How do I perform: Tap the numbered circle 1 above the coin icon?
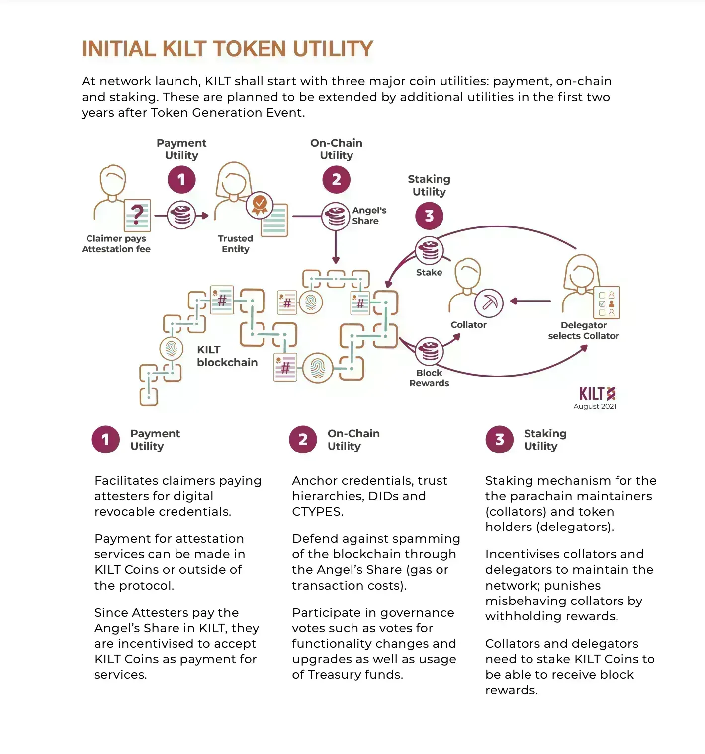(181, 180)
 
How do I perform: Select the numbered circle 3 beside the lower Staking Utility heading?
(499, 440)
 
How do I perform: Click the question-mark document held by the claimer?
(137, 216)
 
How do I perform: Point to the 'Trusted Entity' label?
(236, 244)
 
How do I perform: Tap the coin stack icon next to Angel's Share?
(336, 216)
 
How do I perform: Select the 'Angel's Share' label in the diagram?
(369, 216)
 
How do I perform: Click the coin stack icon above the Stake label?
(429, 251)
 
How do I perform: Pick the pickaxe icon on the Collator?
(489, 302)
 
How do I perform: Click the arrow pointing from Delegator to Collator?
(530, 301)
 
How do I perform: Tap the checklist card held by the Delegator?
(607, 302)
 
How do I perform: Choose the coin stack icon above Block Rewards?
(429, 351)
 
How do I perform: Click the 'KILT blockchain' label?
(227, 356)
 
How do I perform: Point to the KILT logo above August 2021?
(597, 394)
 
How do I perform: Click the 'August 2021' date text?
(595, 406)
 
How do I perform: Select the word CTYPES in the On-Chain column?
(317, 512)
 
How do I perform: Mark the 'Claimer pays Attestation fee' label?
(116, 244)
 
